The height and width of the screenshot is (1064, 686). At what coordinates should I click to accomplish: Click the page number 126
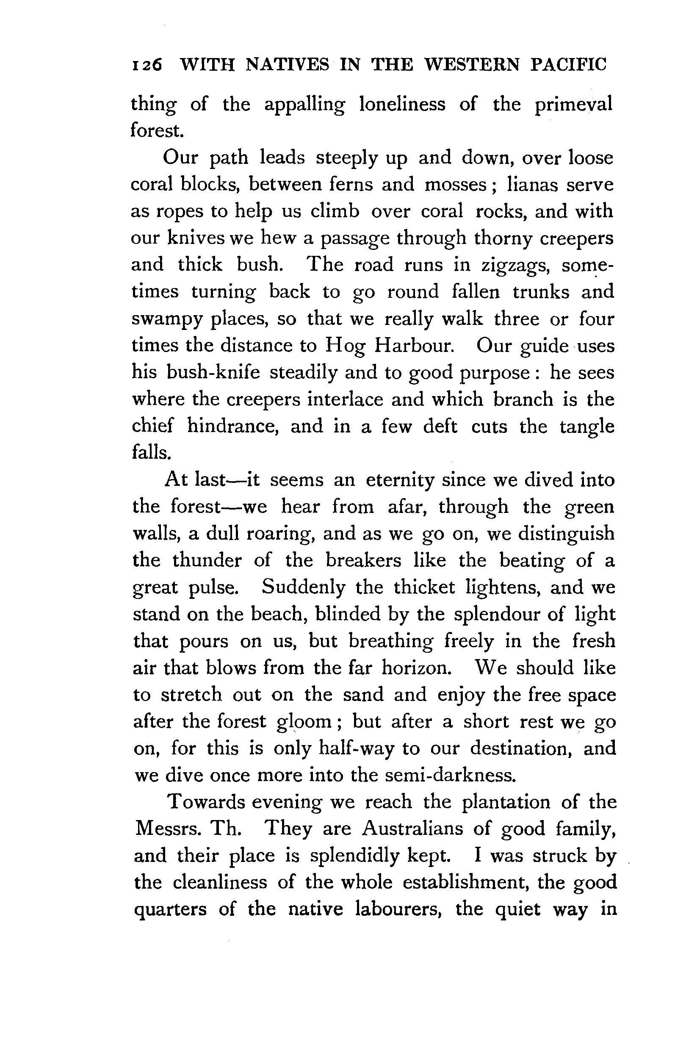pos(147,65)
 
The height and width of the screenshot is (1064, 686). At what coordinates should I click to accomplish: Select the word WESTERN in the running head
pos(472,65)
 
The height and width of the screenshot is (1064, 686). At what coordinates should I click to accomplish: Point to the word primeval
pos(573,105)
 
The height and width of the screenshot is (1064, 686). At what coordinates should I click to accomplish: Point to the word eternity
pos(399,480)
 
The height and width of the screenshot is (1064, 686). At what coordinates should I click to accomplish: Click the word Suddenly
pos(303,587)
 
